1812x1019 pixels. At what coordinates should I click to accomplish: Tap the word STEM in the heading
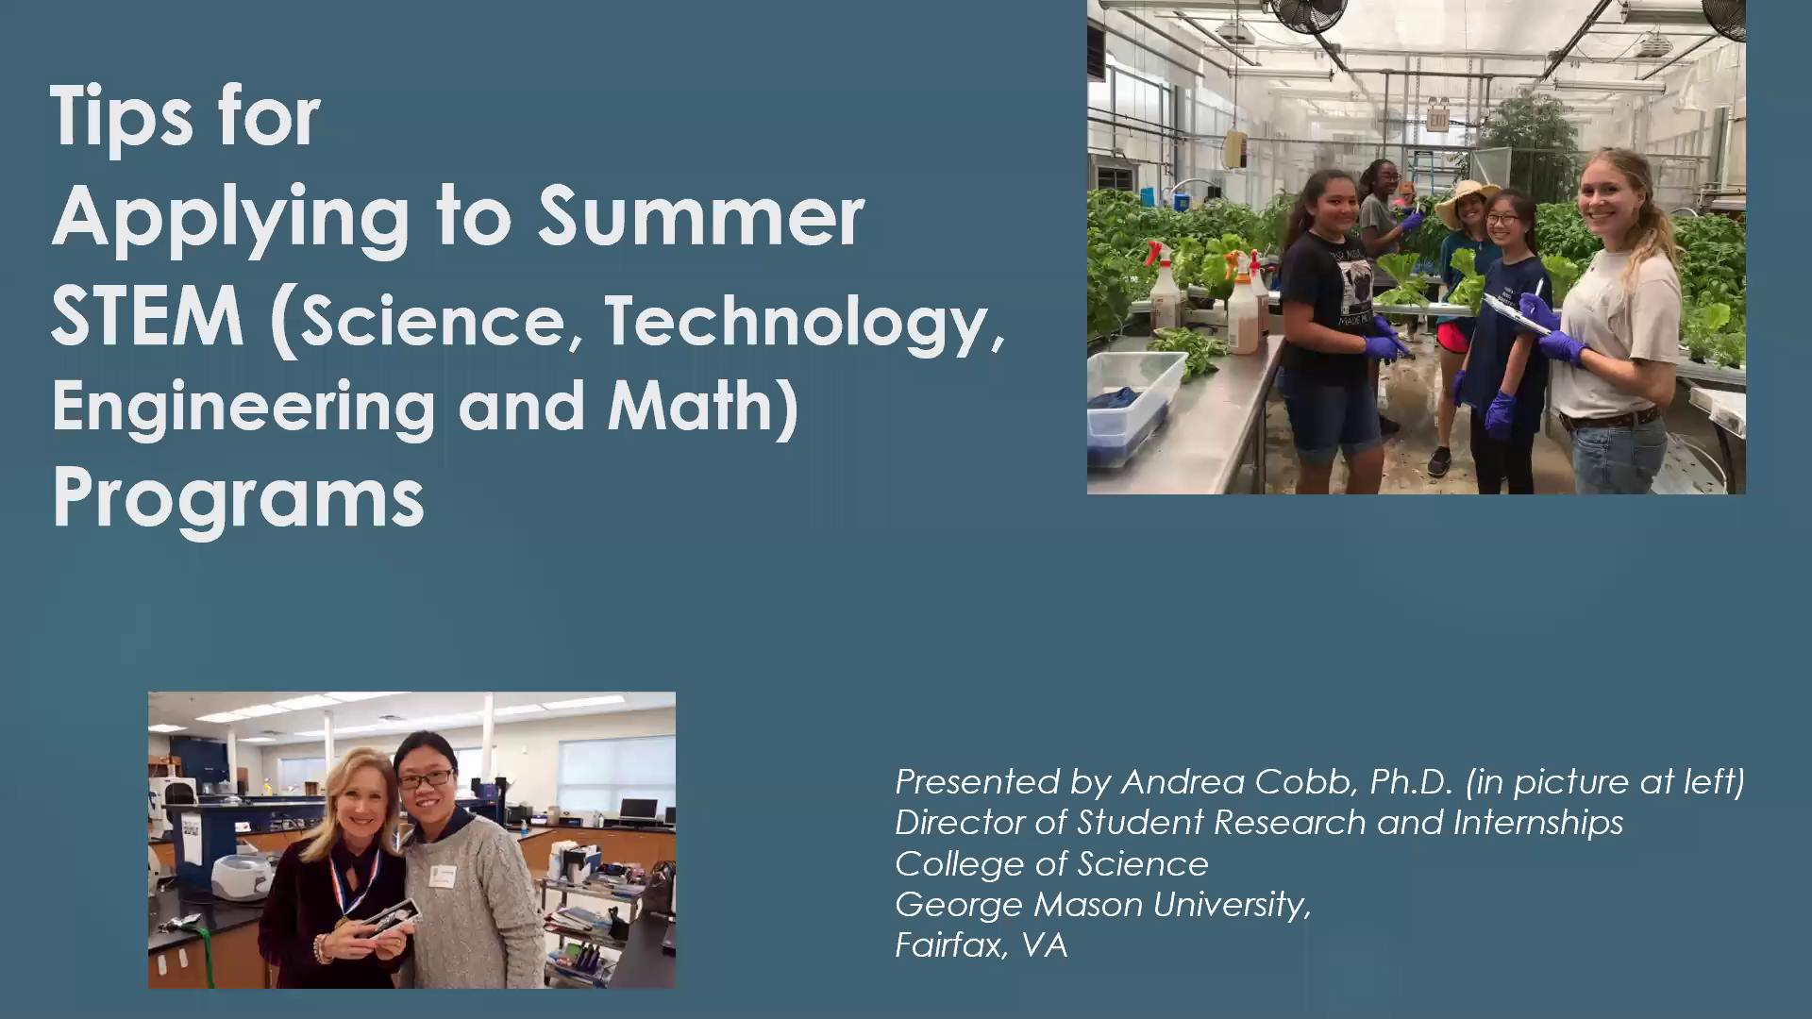147,317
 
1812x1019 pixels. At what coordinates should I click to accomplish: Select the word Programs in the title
238,497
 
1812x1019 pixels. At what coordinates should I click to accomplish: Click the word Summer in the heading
700,216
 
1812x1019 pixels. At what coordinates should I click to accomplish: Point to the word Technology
805,322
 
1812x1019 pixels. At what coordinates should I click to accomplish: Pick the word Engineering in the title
243,407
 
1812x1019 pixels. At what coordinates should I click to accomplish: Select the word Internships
1537,823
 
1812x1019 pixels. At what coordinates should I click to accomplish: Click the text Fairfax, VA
981,945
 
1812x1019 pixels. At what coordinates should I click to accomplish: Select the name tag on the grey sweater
441,877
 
